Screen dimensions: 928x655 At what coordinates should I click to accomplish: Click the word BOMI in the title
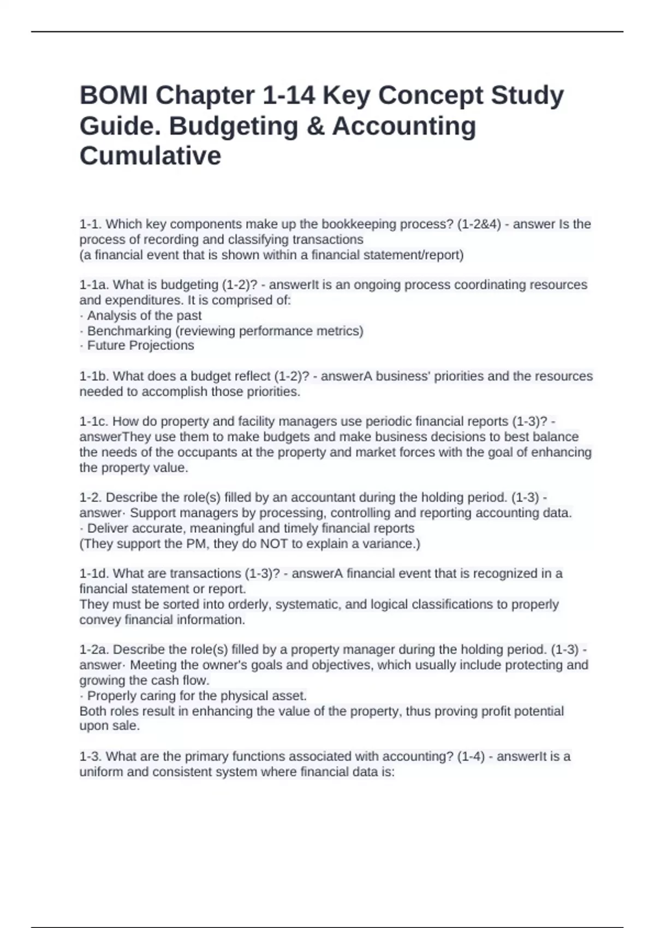(x=114, y=96)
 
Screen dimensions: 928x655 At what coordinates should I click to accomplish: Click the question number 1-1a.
(x=94, y=285)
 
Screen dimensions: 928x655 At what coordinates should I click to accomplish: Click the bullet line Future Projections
(x=140, y=346)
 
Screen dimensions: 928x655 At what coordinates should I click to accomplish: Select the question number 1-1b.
(x=94, y=376)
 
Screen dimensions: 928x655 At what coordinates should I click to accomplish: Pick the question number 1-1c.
(x=94, y=421)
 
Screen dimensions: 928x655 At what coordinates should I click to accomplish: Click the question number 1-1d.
(x=94, y=574)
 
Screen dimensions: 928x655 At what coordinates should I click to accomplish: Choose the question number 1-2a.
(x=94, y=650)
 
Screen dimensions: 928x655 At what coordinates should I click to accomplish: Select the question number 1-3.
(x=91, y=757)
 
